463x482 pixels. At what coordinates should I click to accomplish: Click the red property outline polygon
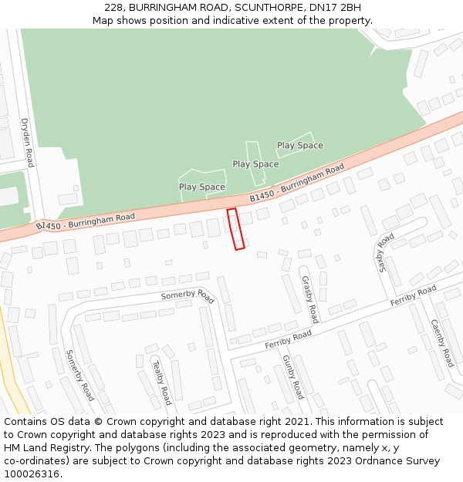[235, 229]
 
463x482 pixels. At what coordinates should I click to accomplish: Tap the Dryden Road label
[27, 143]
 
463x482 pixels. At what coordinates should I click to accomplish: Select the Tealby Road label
[161, 383]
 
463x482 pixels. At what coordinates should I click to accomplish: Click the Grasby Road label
[309, 298]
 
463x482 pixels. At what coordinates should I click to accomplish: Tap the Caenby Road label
[441, 342]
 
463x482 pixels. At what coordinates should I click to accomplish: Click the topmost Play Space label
[300, 145]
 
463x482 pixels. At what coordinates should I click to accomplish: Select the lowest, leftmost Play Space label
[202, 187]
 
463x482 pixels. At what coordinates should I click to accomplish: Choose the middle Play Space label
[255, 164]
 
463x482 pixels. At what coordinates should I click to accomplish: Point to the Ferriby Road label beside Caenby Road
[413, 295]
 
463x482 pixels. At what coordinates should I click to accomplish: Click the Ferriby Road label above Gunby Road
[288, 338]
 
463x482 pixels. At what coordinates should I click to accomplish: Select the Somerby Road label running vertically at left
[79, 375]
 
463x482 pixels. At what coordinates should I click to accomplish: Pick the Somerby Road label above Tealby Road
[187, 295]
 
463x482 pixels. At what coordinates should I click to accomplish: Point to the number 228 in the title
[113, 7]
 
